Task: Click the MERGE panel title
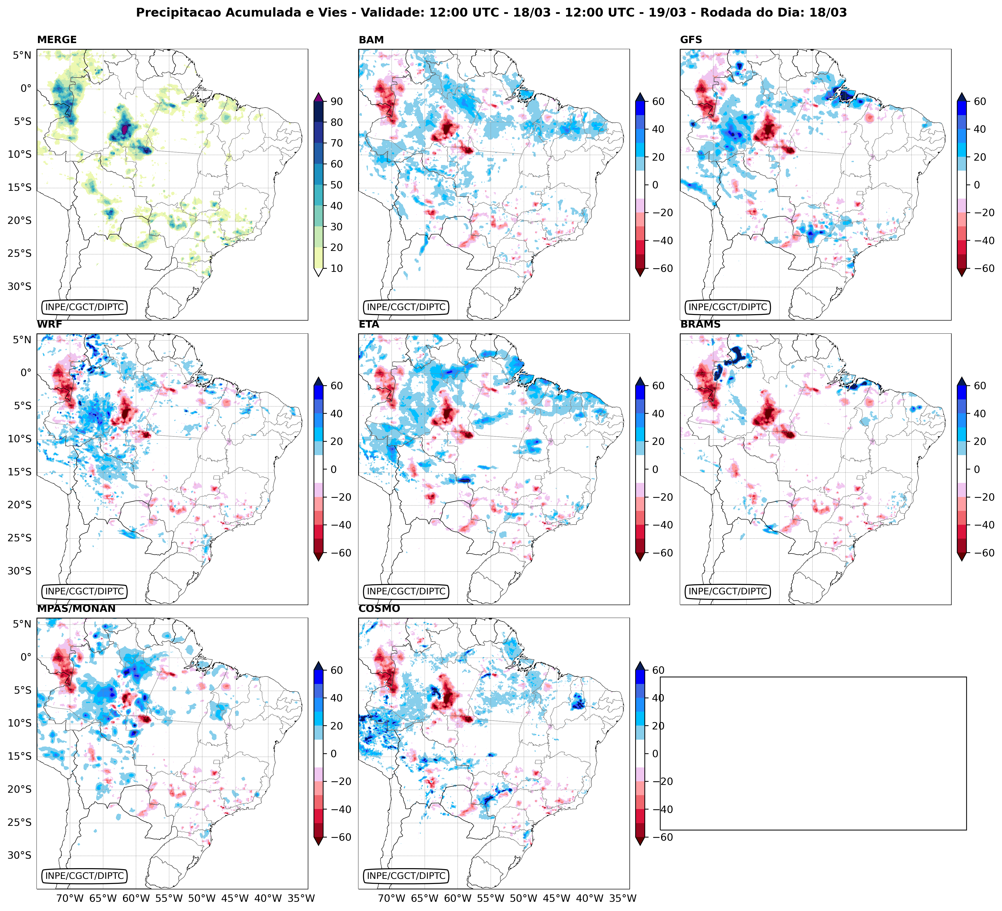(x=57, y=40)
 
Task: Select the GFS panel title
(x=691, y=40)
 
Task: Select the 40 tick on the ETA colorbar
(x=658, y=414)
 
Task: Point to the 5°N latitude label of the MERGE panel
(x=22, y=55)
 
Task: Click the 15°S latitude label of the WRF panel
(x=19, y=472)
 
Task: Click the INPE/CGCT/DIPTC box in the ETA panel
(x=406, y=592)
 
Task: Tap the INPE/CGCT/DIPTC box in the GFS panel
(x=728, y=307)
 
